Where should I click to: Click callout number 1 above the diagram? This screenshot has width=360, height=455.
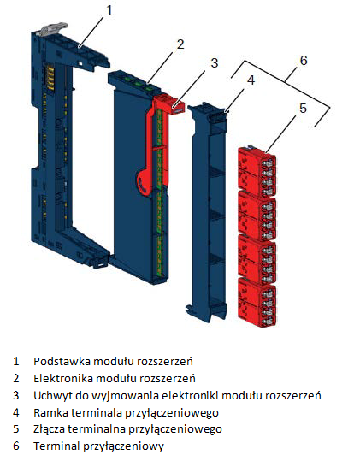(x=109, y=10)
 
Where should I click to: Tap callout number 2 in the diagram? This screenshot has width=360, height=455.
(x=180, y=44)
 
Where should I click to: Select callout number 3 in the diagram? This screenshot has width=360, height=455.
(x=214, y=63)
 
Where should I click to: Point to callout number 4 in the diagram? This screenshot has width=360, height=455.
(x=251, y=80)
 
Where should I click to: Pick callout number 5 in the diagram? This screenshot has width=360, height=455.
(x=303, y=109)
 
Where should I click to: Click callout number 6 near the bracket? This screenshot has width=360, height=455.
(x=304, y=61)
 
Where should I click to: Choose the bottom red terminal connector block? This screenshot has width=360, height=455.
(x=257, y=303)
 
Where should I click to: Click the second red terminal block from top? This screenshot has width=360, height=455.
(x=257, y=216)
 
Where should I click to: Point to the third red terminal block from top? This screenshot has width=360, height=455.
(x=257, y=259)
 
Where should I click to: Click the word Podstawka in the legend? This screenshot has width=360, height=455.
(x=62, y=361)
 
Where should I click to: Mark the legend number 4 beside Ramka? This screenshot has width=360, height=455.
(x=16, y=412)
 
